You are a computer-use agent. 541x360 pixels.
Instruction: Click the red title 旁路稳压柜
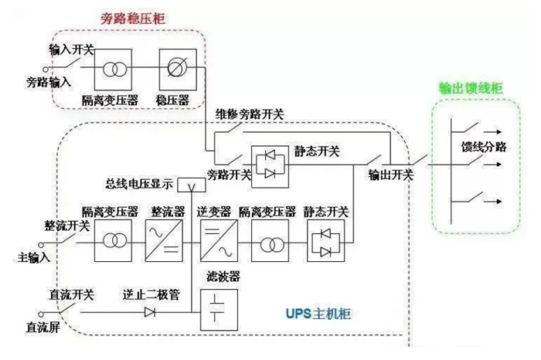[132, 17]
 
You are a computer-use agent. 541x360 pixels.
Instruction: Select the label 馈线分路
[484, 148]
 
